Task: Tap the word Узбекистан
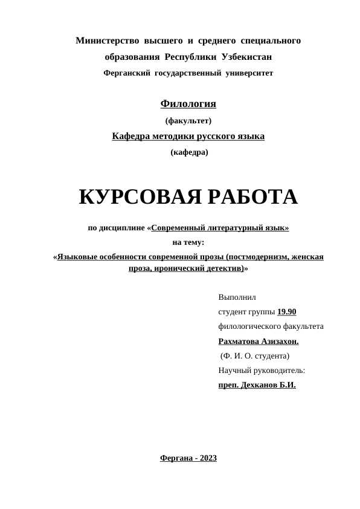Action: [x=246, y=57]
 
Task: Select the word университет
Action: [x=250, y=73]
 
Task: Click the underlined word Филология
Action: [x=188, y=104]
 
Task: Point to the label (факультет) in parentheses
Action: [x=188, y=120]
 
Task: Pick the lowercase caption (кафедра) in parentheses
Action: [x=189, y=152]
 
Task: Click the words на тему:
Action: [x=188, y=242]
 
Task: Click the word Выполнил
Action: [x=237, y=297]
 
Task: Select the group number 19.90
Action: [x=286, y=312]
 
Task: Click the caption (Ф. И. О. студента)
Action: [x=255, y=356]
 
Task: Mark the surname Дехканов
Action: [x=260, y=385]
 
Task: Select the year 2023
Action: [x=207, y=459]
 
